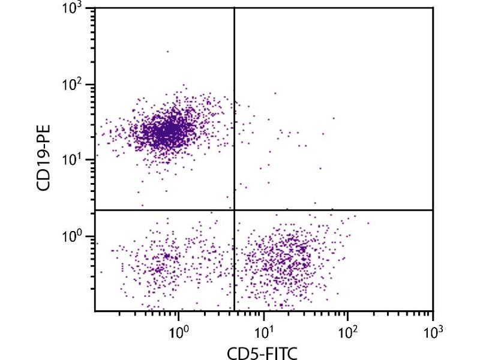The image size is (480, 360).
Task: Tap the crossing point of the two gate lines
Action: tap(233, 210)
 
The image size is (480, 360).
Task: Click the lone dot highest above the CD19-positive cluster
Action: tap(168, 52)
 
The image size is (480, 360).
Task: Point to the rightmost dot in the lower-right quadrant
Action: tap(368, 223)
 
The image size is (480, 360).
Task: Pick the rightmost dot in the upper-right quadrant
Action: tap(334, 118)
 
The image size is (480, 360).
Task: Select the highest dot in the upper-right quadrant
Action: tap(275, 93)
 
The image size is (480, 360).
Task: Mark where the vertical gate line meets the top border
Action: tap(233, 8)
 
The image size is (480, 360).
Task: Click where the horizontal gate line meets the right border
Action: tap(432, 210)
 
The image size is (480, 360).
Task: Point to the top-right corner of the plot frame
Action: tap(432, 8)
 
